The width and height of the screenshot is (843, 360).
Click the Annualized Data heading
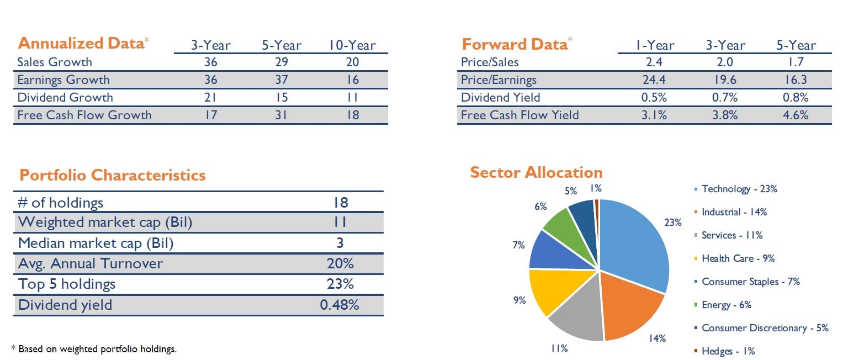tap(81, 44)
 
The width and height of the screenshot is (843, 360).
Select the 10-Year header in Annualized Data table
tap(352, 45)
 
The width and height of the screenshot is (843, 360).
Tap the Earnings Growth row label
tap(63, 80)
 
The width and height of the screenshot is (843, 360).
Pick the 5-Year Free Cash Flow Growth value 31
tap(282, 115)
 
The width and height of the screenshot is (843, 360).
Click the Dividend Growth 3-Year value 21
tap(211, 97)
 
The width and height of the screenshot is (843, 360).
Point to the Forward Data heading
tap(514, 44)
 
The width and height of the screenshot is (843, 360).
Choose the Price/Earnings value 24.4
tap(655, 80)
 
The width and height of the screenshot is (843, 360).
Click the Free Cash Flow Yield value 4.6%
tap(796, 115)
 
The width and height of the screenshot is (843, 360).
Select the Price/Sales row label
tap(490, 62)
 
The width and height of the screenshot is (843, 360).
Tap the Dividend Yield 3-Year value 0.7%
tap(725, 97)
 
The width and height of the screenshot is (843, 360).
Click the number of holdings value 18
tap(341, 203)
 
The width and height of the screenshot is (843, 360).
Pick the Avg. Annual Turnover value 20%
tap(340, 263)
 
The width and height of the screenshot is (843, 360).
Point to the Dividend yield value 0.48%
tap(340, 305)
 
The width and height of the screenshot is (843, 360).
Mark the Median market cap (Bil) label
tap(99, 243)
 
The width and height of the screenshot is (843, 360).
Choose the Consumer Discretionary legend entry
tap(765, 328)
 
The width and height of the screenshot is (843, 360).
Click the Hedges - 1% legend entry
tap(728, 351)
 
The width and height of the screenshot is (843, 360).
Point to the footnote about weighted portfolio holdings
tap(94, 349)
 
